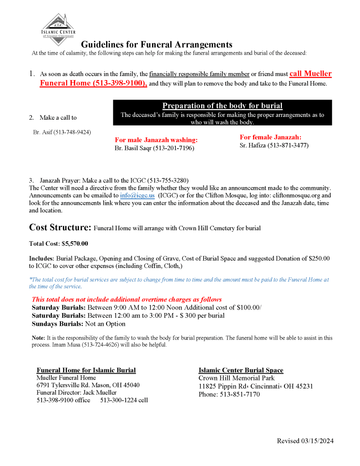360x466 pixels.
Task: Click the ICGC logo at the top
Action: (58, 30)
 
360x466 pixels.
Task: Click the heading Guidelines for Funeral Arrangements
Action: (157, 45)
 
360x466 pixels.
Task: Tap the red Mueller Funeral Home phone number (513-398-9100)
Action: (120, 84)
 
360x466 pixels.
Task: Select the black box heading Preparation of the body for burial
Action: (222, 106)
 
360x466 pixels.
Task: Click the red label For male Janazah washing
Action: (156, 140)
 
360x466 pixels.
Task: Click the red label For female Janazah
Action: (270, 137)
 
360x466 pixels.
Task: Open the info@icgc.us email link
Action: (137, 195)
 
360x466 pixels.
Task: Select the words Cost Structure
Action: (60, 227)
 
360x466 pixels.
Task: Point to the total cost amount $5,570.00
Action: (75, 243)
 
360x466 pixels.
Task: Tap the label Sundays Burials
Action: (57, 324)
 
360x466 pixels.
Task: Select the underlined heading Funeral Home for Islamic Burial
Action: (86, 370)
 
